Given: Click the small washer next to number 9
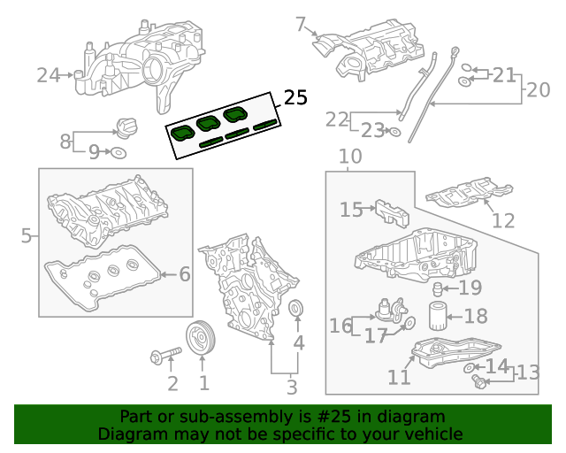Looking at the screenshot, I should pyautogui.click(x=116, y=153).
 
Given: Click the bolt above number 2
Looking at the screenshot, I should pyautogui.click(x=165, y=357).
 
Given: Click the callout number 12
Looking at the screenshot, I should pyautogui.click(x=502, y=220).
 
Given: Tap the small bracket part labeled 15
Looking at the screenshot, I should pyautogui.click(x=392, y=212).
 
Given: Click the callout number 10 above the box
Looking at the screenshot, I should pyautogui.click(x=350, y=157).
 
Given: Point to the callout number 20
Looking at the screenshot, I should pyautogui.click(x=538, y=89).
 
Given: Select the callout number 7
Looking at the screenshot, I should pyautogui.click(x=301, y=24).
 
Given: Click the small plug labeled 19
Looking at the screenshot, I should pyautogui.click(x=436, y=289).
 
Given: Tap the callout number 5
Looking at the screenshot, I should pyautogui.click(x=27, y=236).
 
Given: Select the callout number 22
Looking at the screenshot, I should pyautogui.click(x=337, y=119).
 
